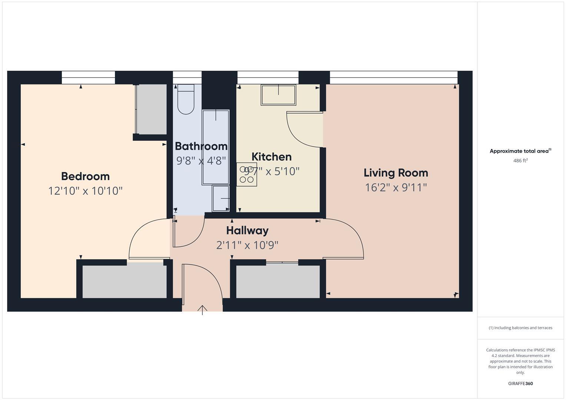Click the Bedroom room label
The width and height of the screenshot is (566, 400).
[85, 176]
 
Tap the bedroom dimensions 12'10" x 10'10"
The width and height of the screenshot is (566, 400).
[85, 191]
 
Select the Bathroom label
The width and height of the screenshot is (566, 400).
[201, 146]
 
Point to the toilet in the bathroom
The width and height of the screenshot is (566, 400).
[186, 100]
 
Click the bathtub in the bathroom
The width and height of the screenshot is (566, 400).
[215, 147]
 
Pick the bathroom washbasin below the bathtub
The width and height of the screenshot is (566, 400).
[221, 199]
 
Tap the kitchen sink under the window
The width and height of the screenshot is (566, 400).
[278, 95]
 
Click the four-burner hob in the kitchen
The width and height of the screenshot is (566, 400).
[246, 174]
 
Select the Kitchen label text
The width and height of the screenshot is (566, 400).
[272, 157]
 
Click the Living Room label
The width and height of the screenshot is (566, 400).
[395, 173]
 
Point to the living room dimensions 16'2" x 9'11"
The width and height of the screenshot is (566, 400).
[395, 187]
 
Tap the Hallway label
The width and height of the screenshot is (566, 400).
[247, 230]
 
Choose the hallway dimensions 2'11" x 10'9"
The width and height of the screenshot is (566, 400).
[247, 245]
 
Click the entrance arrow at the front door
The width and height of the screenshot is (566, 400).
[202, 310]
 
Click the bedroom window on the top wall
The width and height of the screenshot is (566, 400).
[88, 77]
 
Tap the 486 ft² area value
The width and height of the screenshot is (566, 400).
[520, 161]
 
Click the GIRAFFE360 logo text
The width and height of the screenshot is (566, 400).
[520, 383]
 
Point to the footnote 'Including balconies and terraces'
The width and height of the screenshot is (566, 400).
[520, 328]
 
